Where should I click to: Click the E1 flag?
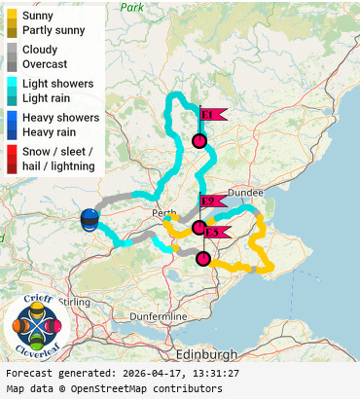click(x=211, y=114)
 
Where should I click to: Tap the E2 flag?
click(x=211, y=201)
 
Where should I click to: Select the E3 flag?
click(x=215, y=232)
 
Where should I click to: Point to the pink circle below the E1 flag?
click(x=199, y=142)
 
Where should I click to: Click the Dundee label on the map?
click(x=245, y=193)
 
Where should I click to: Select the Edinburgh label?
click(x=206, y=352)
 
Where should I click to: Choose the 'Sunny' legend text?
click(x=39, y=16)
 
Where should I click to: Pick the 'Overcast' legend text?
click(x=46, y=63)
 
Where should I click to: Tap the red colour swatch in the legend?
click(x=13, y=159)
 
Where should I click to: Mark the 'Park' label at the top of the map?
click(x=132, y=7)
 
